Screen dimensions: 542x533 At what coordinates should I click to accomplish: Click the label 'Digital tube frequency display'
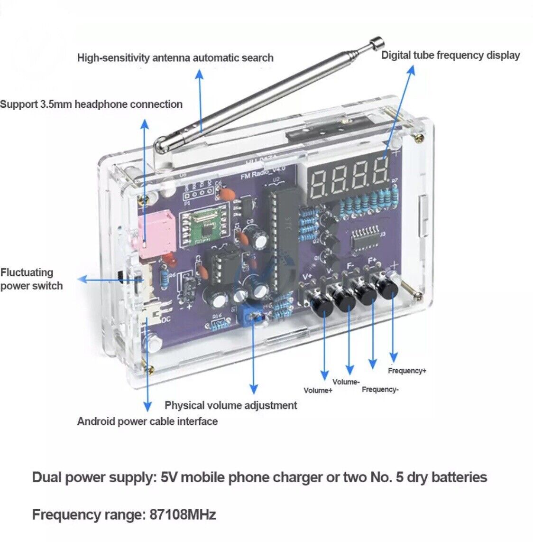[450, 55]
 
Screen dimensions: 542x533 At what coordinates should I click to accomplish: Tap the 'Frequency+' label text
[407, 371]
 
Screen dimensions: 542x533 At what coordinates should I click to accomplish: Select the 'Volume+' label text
[318, 391]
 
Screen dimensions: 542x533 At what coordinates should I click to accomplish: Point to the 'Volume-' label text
[346, 382]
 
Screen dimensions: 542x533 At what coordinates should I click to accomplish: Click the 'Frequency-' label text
[380, 390]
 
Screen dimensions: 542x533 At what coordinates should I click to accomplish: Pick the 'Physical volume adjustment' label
[231, 405]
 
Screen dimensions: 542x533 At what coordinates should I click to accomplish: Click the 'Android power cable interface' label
[147, 421]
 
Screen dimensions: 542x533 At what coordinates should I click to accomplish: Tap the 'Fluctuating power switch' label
[31, 279]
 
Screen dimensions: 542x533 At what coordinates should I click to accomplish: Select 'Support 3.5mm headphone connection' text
[91, 104]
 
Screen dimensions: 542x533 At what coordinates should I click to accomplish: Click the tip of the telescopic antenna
[376, 42]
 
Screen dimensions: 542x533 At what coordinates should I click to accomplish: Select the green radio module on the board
[208, 227]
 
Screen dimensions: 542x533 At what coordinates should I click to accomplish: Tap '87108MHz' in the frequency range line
[183, 514]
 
